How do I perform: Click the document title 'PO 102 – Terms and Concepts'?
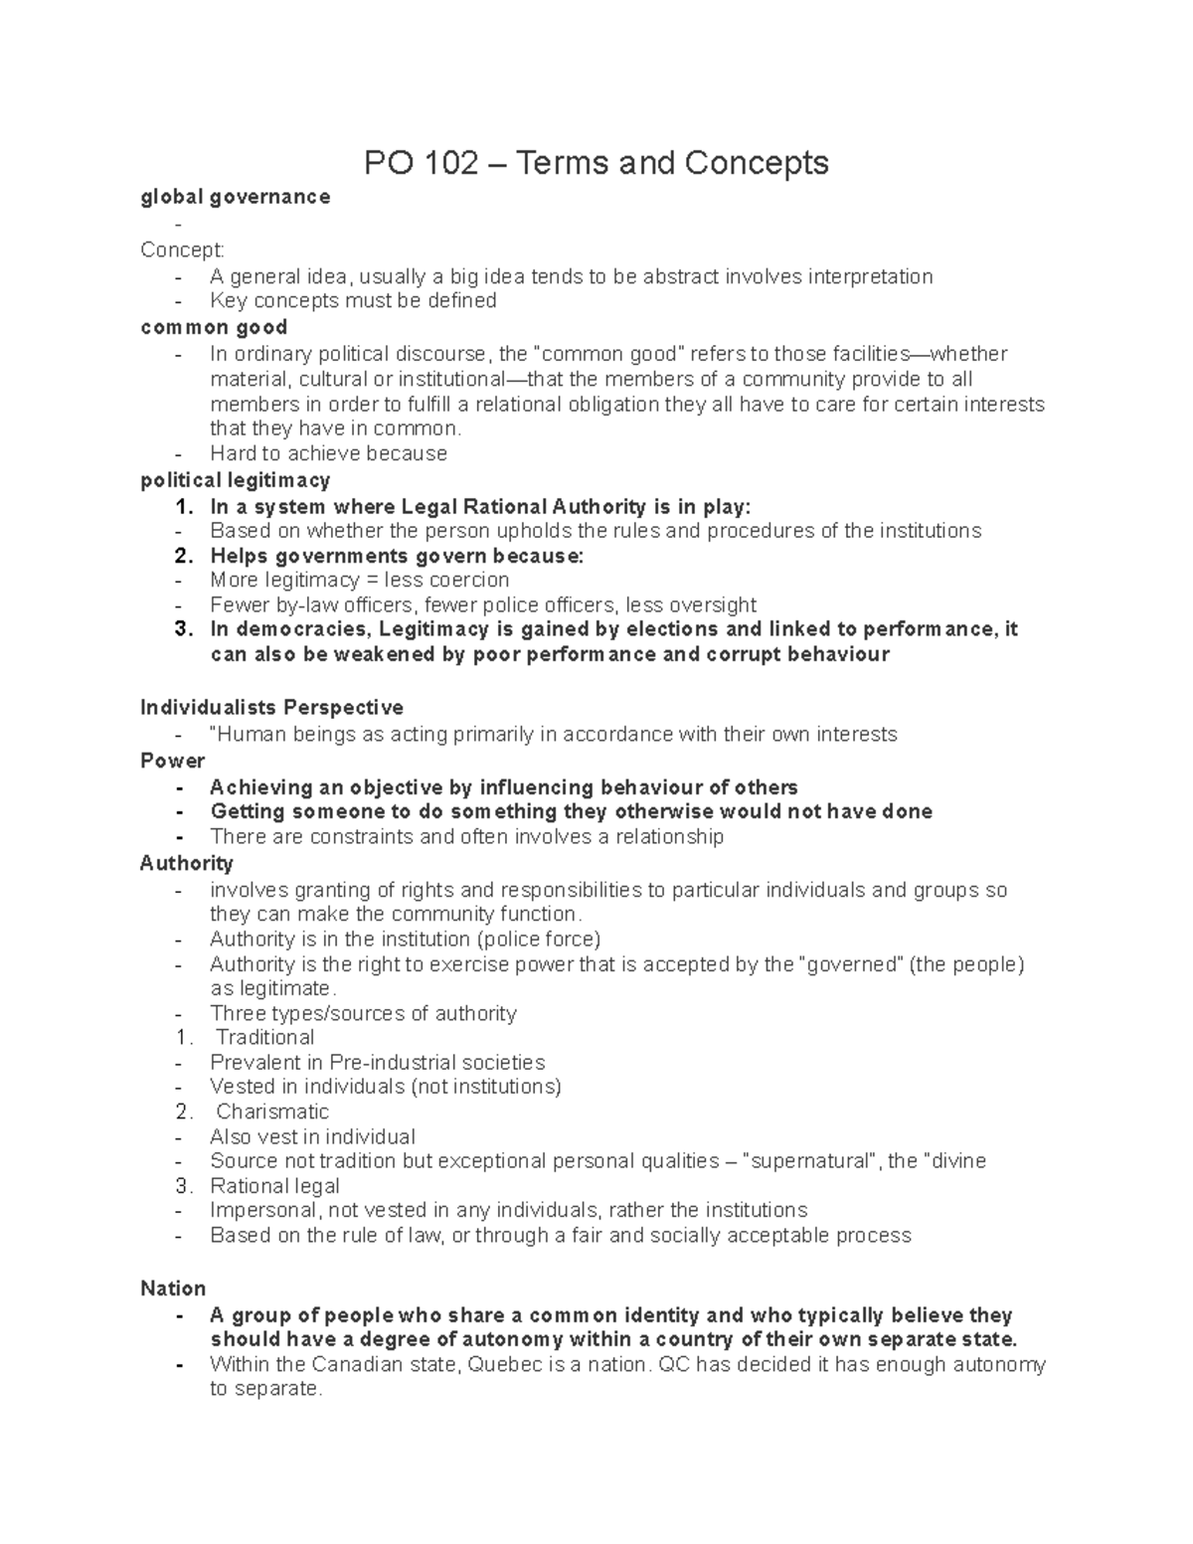point(596,162)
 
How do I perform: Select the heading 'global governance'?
point(236,197)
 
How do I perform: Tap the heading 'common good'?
point(214,327)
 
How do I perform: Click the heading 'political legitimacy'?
point(236,480)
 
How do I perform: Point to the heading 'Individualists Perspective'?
point(271,708)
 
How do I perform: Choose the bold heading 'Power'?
point(172,761)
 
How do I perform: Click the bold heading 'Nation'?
point(173,1288)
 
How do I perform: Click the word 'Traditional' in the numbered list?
point(265,1037)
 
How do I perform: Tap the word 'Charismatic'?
point(272,1112)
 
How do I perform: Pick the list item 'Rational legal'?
point(275,1186)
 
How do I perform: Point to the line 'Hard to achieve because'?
point(328,453)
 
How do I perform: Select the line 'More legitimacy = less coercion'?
point(359,580)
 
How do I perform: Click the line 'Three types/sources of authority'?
point(363,1013)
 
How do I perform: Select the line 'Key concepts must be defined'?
point(353,300)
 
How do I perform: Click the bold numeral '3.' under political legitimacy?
point(183,629)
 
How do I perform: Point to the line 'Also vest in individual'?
point(312,1136)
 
